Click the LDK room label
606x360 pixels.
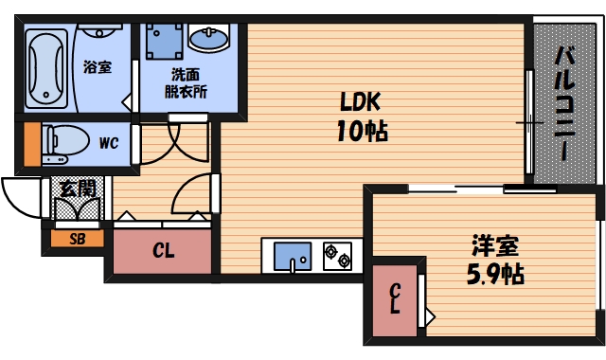tap(359, 99)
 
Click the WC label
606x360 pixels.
tap(108, 143)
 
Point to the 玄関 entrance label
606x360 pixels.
tap(78, 188)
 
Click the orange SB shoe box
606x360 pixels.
tap(77, 239)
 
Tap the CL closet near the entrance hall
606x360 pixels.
tap(163, 252)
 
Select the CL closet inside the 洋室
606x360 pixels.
tap(394, 299)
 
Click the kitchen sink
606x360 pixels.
tap(293, 255)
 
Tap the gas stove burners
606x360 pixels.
tap(337, 255)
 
